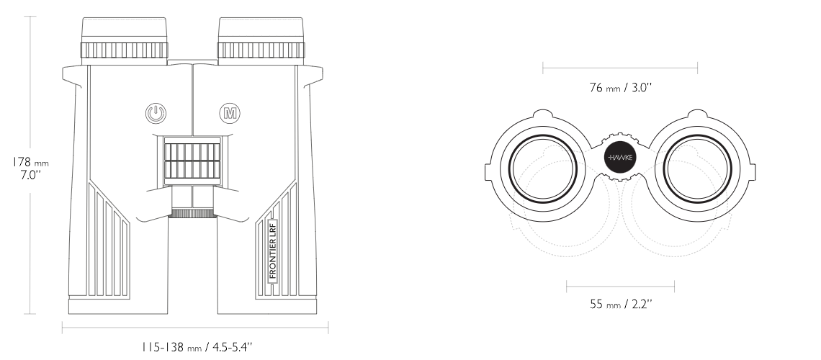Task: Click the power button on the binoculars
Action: coord(156,113)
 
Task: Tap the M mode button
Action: coord(229,113)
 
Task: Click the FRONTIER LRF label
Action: coord(272,251)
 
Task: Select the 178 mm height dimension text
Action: coord(30,163)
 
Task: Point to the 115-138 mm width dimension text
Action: coord(197,346)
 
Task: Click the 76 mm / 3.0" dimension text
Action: coord(620,87)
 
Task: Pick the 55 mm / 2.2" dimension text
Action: coord(621,304)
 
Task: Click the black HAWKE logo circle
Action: coord(620,158)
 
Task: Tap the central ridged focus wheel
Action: coord(192,161)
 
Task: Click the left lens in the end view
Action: coord(542,168)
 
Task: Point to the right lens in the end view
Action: coord(697,168)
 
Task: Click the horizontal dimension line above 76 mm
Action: coord(620,68)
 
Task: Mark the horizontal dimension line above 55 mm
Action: coord(621,287)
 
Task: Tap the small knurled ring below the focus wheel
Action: coord(192,213)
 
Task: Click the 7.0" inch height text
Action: coord(30,175)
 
